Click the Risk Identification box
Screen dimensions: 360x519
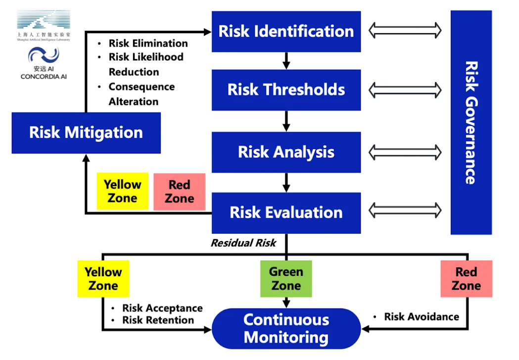coord(286,31)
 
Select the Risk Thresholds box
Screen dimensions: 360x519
coord(286,90)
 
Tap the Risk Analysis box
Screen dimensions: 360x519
coord(286,152)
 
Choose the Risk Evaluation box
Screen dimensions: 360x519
coord(286,213)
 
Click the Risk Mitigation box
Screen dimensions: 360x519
coord(86,133)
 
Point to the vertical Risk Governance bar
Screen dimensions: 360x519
coord(471,122)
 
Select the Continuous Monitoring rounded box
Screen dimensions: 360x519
coord(286,329)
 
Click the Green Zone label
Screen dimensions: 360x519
coord(286,279)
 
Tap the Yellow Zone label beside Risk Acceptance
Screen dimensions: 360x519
coord(103,279)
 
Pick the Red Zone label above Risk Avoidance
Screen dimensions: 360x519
coord(466,279)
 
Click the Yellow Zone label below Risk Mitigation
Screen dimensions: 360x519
coord(122,191)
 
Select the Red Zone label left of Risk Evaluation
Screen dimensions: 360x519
coord(179,192)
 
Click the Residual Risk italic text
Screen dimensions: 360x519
coord(243,243)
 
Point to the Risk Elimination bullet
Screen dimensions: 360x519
coord(148,43)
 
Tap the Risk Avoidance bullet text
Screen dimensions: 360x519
coord(421,316)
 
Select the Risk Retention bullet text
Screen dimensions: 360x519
coord(158,320)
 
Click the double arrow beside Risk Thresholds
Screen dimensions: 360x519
coord(405,90)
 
